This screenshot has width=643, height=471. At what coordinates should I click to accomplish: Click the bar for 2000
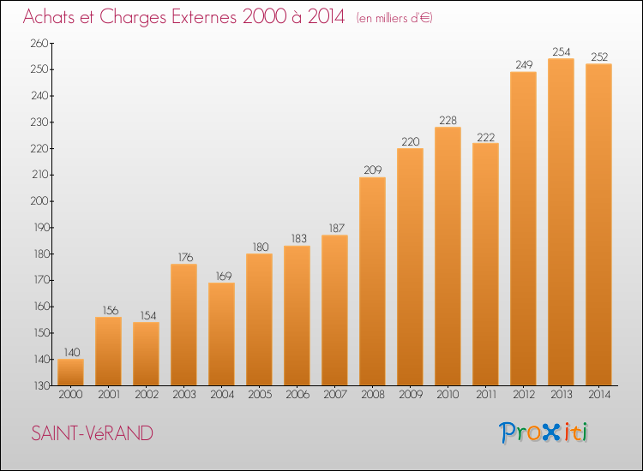click(x=70, y=372)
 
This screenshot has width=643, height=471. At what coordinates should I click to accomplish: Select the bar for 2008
click(x=372, y=281)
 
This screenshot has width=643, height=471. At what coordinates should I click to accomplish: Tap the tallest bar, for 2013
click(x=561, y=222)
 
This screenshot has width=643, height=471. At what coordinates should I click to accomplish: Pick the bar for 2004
click(x=221, y=334)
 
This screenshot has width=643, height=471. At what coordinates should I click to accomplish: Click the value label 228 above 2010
click(x=448, y=121)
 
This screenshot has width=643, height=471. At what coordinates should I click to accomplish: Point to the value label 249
click(x=524, y=65)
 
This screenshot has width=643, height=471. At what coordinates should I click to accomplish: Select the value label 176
click(x=185, y=257)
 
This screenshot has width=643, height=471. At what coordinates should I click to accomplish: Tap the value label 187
click(x=336, y=228)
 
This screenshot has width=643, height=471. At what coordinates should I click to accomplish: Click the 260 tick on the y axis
click(x=39, y=43)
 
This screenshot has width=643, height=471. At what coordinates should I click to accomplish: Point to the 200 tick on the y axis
click(x=39, y=201)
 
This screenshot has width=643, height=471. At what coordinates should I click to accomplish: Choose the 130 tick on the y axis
click(x=41, y=385)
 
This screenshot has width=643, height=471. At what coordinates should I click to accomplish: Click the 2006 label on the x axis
click(x=297, y=394)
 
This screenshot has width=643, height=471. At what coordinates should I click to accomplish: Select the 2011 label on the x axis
click(x=486, y=394)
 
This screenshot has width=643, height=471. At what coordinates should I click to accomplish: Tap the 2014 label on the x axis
click(x=599, y=394)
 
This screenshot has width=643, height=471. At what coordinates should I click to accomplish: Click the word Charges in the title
click(x=133, y=18)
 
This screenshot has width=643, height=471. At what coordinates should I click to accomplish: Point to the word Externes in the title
click(x=204, y=17)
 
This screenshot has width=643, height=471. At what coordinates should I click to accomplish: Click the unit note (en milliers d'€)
click(x=394, y=18)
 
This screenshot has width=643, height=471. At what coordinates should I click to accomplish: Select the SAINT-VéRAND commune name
click(x=93, y=433)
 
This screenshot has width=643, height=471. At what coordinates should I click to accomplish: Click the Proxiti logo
click(x=544, y=432)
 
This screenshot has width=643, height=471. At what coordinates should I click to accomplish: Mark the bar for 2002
click(x=146, y=354)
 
